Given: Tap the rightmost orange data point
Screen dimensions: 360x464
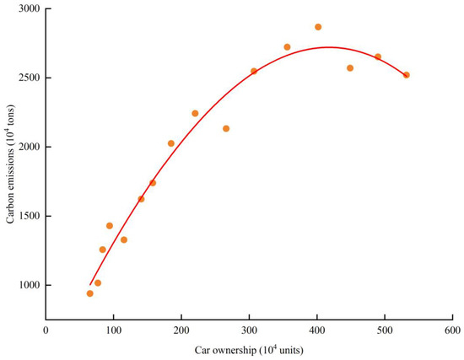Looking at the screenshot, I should coord(407,75).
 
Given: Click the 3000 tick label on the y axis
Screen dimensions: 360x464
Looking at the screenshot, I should coord(27,8).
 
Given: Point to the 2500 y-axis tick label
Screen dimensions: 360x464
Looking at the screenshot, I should coord(27,78).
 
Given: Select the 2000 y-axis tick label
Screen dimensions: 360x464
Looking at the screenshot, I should coord(27,147).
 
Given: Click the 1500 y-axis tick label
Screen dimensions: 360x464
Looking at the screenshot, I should coord(27,216).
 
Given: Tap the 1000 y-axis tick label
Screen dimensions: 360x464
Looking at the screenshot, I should coord(27,285).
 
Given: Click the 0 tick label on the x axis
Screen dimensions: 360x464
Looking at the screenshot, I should coord(46,330).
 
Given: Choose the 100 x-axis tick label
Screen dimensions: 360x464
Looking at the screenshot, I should coord(114,330).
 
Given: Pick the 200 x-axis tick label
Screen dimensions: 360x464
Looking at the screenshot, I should coord(181,330).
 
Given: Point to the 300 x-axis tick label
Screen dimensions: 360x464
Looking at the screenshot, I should coord(250,330).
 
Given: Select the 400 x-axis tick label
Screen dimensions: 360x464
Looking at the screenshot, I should coord(317,330).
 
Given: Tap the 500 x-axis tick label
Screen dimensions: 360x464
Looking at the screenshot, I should coord(385,330).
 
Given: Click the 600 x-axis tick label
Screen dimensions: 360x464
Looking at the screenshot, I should coord(452,330).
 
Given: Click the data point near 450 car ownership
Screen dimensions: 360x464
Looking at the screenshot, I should coord(350,67).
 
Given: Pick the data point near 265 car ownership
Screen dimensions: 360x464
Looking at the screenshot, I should coord(226,128).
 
